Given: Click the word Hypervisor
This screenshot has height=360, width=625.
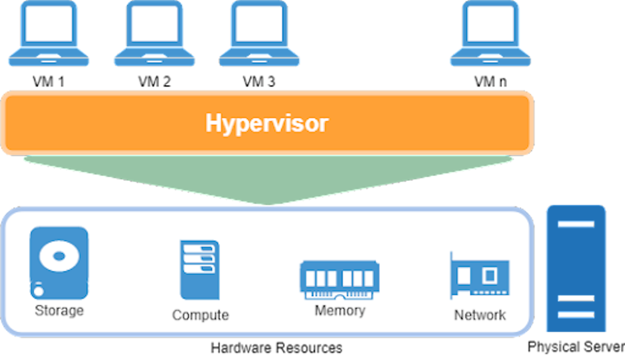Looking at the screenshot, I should pos(267,123).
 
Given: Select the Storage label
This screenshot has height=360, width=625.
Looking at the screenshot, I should pos(59,311).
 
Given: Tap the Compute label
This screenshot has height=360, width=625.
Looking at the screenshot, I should pos(200,315).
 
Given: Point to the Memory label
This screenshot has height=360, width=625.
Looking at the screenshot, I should pos(340,311).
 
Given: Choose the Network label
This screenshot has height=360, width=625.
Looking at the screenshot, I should pos(480,315).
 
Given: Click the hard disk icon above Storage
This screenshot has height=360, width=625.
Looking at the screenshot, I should pos(59,263).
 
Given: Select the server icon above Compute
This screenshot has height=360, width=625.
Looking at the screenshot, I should pos(200,269).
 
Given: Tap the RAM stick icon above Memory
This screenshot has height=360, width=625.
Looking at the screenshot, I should pos(340,279).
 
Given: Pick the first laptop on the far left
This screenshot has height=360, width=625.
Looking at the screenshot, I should pos(48,34).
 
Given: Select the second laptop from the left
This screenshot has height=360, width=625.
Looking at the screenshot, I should pos(154,34).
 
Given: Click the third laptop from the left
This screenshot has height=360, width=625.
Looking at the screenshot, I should pos(260,34).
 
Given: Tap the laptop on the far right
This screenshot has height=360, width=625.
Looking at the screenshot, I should pos(490,34).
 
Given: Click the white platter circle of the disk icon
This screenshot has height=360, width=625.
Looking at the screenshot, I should pos(59,256).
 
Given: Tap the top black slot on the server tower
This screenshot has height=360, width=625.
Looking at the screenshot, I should pos(576,224).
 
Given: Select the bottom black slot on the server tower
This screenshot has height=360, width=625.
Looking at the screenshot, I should pos(576,315).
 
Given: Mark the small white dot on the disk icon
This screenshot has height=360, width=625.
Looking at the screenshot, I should pos(39,291).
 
